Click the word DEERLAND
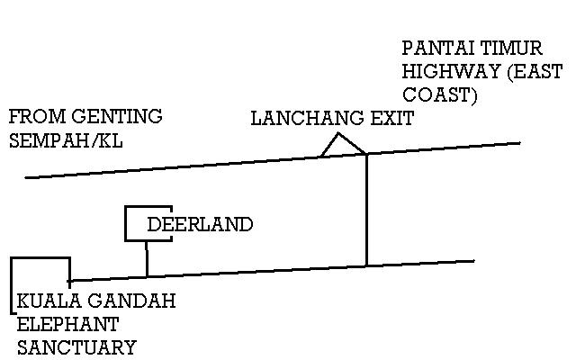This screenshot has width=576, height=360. point(200,224)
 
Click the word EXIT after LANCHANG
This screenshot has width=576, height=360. point(392,119)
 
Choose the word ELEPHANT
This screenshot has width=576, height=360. point(68,324)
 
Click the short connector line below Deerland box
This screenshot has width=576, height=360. point(147,259)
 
